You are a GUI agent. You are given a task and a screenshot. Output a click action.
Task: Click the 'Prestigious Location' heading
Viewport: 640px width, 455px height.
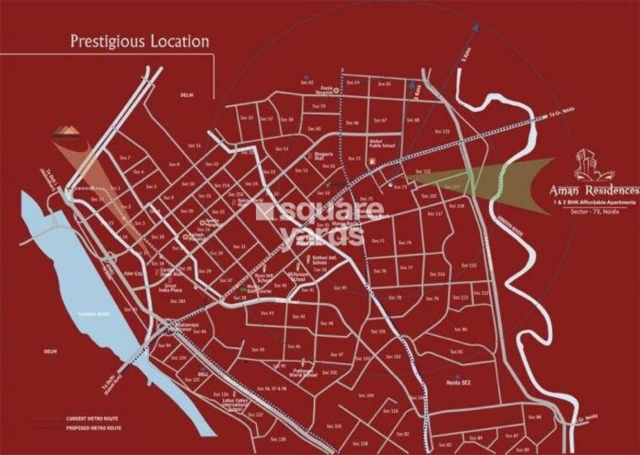139,40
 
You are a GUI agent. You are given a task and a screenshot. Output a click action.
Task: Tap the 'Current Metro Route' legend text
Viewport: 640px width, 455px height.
87,419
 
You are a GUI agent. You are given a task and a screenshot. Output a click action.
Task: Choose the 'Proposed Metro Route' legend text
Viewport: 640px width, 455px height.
89,429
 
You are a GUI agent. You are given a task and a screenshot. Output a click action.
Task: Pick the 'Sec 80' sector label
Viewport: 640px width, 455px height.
460,329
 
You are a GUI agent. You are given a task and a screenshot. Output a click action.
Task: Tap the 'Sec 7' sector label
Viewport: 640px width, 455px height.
125,159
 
